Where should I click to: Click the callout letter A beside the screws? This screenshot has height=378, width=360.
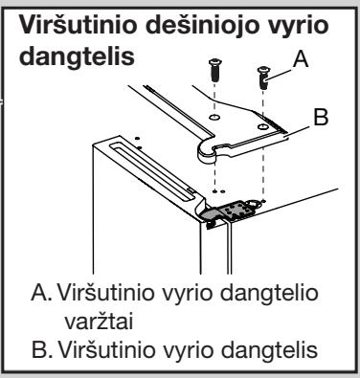[x=301, y=59]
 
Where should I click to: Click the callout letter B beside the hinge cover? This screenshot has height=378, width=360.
[x=321, y=117]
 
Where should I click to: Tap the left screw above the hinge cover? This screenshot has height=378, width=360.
[x=214, y=70]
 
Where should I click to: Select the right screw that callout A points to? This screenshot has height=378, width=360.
[x=263, y=78]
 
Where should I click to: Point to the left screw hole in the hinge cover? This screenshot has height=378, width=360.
[x=214, y=117]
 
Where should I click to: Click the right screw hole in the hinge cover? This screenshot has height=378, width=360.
[x=262, y=127]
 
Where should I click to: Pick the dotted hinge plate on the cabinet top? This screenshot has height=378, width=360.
[x=238, y=211]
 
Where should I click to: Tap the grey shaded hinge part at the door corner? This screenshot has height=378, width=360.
[x=212, y=214]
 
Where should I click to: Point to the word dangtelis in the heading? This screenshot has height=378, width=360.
[x=77, y=57]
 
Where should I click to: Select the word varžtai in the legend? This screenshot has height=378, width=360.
[x=99, y=322]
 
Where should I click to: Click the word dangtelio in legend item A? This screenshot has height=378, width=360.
[x=270, y=294]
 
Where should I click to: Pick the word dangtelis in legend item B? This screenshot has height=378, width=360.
[x=269, y=351]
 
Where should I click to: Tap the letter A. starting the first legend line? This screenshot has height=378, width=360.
[x=41, y=293]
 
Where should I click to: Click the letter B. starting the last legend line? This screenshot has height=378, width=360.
[x=42, y=349]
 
